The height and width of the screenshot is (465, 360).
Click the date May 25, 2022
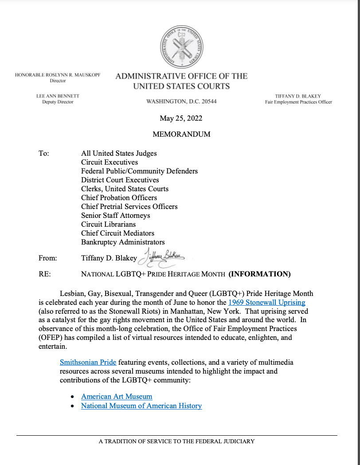(x=181, y=118)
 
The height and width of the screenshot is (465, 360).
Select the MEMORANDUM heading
(x=181, y=134)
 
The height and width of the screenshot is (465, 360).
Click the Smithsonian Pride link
(x=88, y=362)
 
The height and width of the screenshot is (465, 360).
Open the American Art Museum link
(x=117, y=396)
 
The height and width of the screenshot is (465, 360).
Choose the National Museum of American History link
(x=141, y=406)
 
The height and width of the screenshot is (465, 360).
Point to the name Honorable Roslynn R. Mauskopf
(x=58, y=75)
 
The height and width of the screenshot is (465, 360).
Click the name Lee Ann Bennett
(x=58, y=96)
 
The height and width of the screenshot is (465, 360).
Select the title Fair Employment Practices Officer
(x=301, y=102)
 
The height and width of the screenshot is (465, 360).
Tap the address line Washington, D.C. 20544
(x=181, y=102)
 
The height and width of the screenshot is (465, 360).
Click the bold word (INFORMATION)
(x=259, y=274)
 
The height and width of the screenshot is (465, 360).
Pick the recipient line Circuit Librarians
(x=108, y=224)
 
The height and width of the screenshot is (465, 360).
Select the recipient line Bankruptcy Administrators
(x=123, y=242)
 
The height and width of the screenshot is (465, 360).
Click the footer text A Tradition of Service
(x=176, y=441)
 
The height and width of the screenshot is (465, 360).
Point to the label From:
(x=48, y=258)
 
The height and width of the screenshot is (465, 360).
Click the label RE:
(x=45, y=274)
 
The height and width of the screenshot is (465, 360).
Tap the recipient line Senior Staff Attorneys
(x=115, y=215)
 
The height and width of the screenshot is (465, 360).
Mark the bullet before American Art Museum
(x=73, y=397)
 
